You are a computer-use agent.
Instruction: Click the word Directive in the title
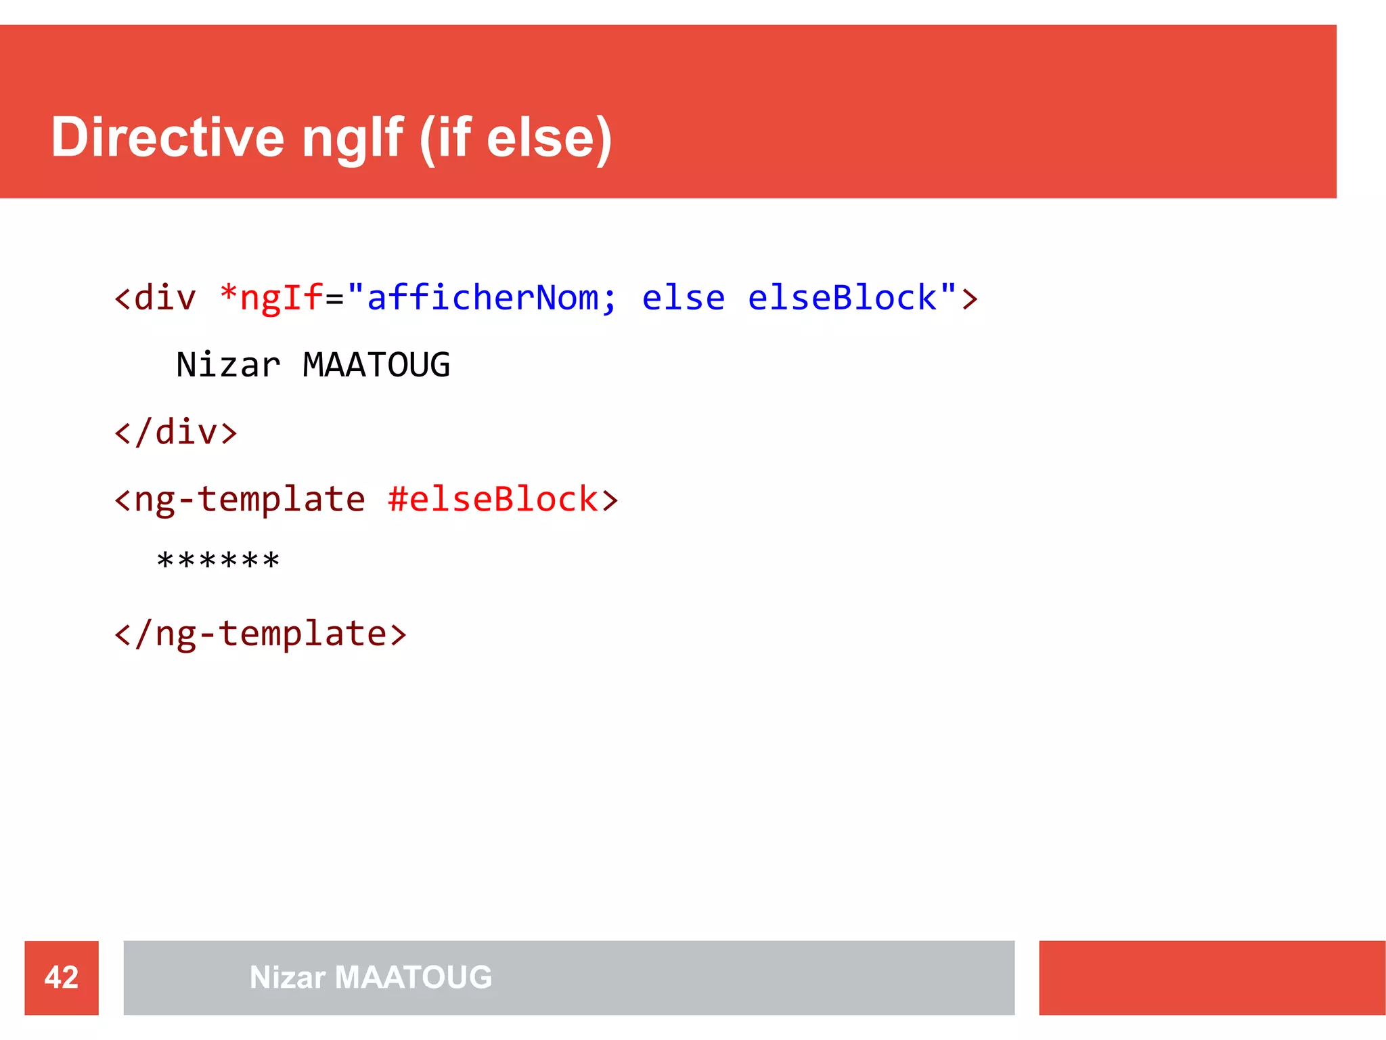(x=167, y=137)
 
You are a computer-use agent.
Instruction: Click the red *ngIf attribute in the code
(x=271, y=298)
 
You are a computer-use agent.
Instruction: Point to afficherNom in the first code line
(x=482, y=298)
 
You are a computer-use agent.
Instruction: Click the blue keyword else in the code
(x=683, y=298)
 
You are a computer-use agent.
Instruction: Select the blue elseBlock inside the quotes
(x=842, y=298)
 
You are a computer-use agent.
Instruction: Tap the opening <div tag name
(x=156, y=298)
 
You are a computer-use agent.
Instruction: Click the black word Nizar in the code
(x=228, y=365)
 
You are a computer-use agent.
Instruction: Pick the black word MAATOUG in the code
(x=376, y=365)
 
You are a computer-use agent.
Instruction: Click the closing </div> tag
(x=176, y=432)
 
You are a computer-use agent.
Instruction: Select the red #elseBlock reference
(x=493, y=500)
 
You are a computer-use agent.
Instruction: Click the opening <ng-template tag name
(x=240, y=500)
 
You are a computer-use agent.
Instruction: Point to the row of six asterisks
(x=218, y=561)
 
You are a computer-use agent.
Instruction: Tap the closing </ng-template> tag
(x=261, y=634)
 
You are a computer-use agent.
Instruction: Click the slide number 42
(x=62, y=978)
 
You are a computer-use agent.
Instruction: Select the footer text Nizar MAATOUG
(x=371, y=978)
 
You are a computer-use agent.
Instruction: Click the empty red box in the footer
(x=1211, y=978)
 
